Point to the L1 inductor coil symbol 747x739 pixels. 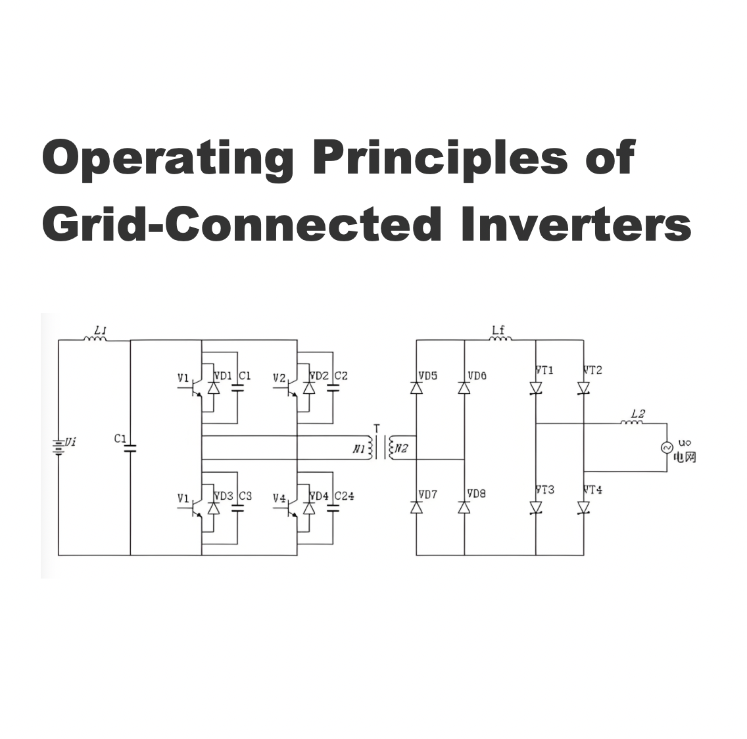(x=95, y=339)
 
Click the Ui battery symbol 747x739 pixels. (x=58, y=447)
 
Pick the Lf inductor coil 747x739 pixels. (x=500, y=339)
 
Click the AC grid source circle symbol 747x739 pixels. (x=667, y=447)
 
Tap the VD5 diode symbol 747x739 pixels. (x=416, y=388)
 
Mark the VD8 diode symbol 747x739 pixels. (x=464, y=508)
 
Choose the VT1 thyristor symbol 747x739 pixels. (x=536, y=389)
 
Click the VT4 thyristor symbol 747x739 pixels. (x=584, y=508)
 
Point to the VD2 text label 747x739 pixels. (x=319, y=376)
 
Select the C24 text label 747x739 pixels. (x=344, y=496)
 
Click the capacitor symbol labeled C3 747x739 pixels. (x=237, y=508)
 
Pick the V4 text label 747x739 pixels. (x=279, y=498)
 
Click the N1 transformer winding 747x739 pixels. (x=369, y=448)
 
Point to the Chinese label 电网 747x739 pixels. (x=685, y=458)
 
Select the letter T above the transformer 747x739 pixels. (x=377, y=429)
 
